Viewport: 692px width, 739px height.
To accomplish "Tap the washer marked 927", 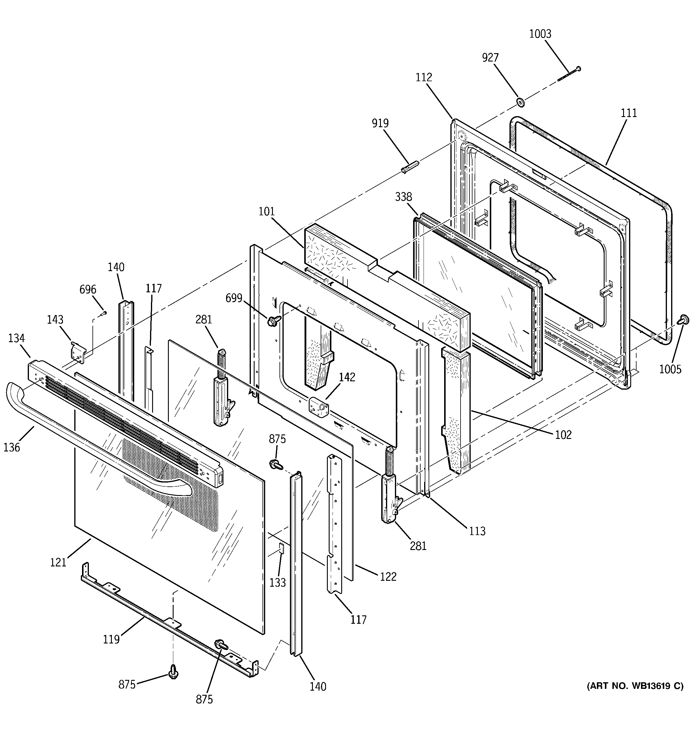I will click(x=520, y=102).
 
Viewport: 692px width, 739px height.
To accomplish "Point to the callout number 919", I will click(x=380, y=123).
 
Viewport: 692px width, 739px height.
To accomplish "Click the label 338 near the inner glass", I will click(x=403, y=197).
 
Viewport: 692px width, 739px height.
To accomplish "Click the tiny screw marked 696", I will click(x=104, y=314).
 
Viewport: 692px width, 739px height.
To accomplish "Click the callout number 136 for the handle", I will click(x=12, y=447).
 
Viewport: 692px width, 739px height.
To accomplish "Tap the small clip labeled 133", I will click(x=281, y=547).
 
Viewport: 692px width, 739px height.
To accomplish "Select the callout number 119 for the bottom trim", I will click(x=111, y=639).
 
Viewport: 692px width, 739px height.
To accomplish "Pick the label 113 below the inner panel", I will click(x=477, y=531).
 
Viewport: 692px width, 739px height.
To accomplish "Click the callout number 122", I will click(x=388, y=577).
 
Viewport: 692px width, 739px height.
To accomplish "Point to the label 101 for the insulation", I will click(x=267, y=211).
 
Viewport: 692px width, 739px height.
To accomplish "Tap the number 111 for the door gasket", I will click(x=629, y=113).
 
